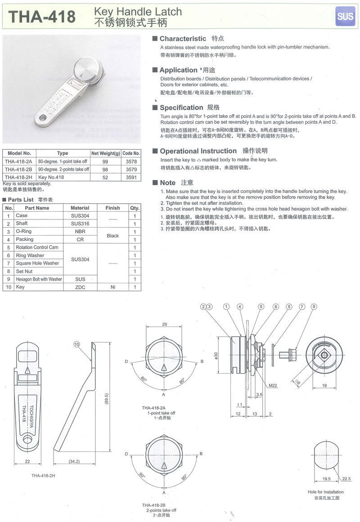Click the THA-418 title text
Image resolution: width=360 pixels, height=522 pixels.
[42, 17]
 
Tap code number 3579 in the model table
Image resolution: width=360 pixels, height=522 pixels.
[131, 169]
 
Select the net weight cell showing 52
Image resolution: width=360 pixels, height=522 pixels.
[106, 177]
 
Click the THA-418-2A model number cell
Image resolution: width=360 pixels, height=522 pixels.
[18, 161]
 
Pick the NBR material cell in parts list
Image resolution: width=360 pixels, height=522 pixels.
[80, 232]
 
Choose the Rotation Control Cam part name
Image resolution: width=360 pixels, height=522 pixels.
[37, 247]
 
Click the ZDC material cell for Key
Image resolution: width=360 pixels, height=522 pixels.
[80, 287]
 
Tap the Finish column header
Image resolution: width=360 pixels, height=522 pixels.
[112, 208]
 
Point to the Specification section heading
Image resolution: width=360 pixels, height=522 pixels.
[181, 107]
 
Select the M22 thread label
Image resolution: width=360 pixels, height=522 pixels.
[273, 385]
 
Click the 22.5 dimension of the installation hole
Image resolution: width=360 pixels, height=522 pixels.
[346, 479]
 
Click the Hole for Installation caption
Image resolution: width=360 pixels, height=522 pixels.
[326, 492]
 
